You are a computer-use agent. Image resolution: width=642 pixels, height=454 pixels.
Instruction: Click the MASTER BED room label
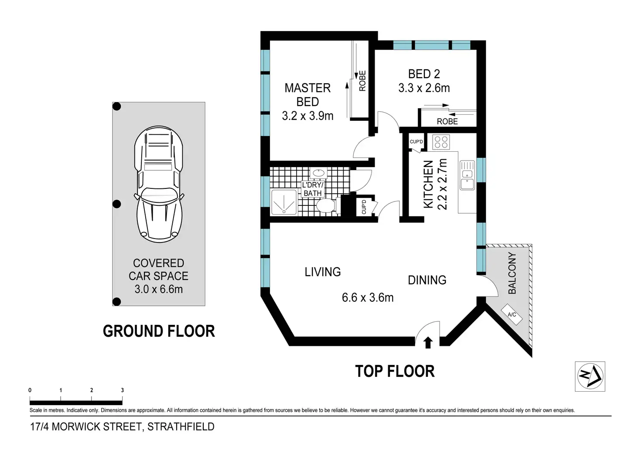pyautogui.click(x=307, y=95)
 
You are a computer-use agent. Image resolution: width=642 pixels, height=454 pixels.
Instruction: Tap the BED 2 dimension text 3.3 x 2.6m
pyautogui.click(x=424, y=88)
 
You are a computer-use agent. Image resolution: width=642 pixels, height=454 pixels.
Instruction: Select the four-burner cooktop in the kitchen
pyautogui.click(x=441, y=142)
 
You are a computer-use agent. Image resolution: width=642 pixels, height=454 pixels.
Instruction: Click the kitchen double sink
pyautogui.click(x=467, y=175)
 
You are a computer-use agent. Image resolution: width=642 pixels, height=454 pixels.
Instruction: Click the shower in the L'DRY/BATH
pyautogui.click(x=284, y=202)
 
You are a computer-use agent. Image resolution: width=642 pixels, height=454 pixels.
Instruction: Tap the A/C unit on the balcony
pyautogui.click(x=512, y=314)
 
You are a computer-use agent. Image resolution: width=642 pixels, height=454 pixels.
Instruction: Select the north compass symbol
pyautogui.click(x=590, y=376)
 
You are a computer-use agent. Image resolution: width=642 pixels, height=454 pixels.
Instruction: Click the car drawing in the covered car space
pyautogui.click(x=159, y=184)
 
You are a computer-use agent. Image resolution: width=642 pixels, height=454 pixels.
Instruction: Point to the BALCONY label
pyautogui.click(x=512, y=273)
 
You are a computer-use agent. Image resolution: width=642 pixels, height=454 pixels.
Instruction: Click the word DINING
pyautogui.click(x=427, y=280)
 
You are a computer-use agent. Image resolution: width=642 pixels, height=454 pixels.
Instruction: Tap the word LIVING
pyautogui.click(x=322, y=272)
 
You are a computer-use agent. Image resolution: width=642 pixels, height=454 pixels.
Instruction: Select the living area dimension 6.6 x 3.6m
pyautogui.click(x=367, y=297)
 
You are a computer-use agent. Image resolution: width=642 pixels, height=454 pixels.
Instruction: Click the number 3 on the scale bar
pyautogui.click(x=123, y=390)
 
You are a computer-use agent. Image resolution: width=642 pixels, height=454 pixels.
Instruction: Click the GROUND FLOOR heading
pyautogui.click(x=159, y=331)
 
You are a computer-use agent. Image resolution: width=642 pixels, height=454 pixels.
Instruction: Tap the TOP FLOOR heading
pyautogui.click(x=395, y=371)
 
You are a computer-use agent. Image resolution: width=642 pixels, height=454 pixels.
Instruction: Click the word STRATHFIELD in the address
pyautogui.click(x=181, y=427)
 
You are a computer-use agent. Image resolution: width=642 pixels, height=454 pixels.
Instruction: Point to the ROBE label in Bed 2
pyautogui.click(x=447, y=122)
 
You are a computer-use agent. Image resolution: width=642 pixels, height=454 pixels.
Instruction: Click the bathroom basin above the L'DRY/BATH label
pyautogui.click(x=318, y=173)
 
